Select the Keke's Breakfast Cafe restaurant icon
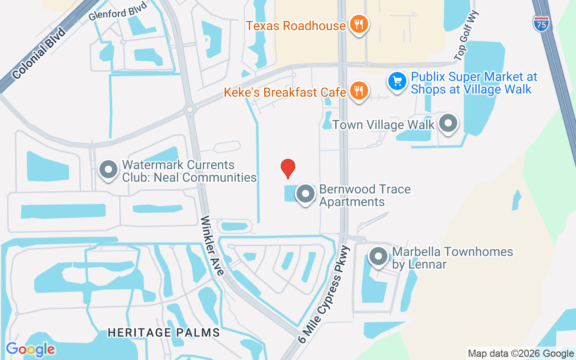[358, 92]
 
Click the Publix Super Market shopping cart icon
[397, 82]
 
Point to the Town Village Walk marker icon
[448, 123]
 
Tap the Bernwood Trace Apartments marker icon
[306, 194]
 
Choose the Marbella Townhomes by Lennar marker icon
[378, 257]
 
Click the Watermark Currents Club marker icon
[108, 170]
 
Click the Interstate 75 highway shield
[541, 23]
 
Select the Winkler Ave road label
[212, 246]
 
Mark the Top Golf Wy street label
[468, 36]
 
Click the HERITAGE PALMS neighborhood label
[164, 333]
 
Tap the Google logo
[31, 349]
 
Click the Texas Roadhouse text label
[296, 26]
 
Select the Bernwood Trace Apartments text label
[365, 195]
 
